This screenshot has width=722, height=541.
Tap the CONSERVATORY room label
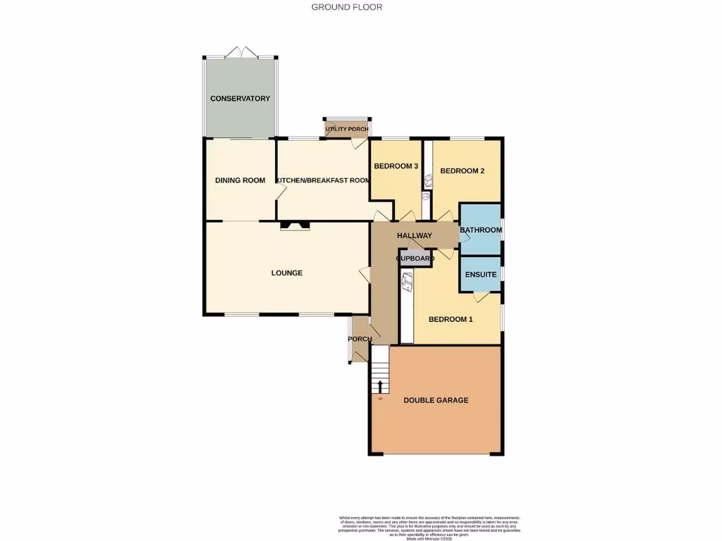tap(240, 99)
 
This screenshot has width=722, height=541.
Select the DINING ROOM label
tap(240, 180)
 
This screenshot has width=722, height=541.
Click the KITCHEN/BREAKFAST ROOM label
tap(323, 180)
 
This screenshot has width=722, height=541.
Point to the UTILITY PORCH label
tap(347, 130)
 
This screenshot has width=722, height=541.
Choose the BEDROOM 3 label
tap(396, 166)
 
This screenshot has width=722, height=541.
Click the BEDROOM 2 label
tap(462, 170)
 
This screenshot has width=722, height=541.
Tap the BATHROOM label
tap(481, 230)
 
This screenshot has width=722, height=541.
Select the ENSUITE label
tap(481, 275)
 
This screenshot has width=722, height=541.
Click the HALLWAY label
tap(414, 235)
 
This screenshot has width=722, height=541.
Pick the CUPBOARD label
tap(415, 259)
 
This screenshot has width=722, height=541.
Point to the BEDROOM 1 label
tap(451, 319)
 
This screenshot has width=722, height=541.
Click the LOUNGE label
tap(287, 273)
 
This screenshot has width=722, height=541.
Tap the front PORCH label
tap(360, 339)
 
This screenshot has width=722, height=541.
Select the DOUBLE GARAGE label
tap(436, 400)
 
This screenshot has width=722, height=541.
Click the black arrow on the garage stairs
tap(380, 386)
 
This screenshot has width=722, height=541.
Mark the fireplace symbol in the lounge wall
tap(295, 226)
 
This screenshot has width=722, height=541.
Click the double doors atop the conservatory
tap(240, 53)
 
